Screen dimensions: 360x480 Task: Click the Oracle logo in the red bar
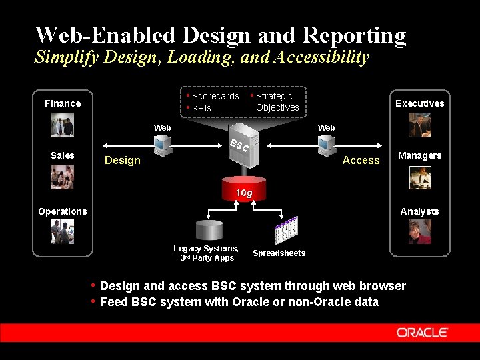point(422,332)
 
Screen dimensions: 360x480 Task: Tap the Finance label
point(63,103)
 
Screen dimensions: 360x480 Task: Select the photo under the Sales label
point(63,177)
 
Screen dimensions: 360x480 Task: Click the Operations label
point(62,211)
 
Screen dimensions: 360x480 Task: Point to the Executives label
point(419,103)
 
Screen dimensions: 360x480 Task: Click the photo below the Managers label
point(420,177)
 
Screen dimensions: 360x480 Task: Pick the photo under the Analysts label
point(420,231)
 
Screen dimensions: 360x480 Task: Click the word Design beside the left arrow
point(123,160)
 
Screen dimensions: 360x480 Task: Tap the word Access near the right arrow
point(361,160)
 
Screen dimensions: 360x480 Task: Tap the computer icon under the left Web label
point(163,143)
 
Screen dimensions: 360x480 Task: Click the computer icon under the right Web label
point(326,143)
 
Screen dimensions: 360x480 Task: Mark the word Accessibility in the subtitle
point(317,57)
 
